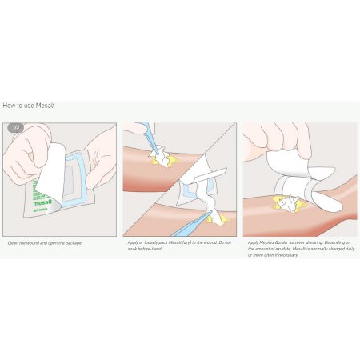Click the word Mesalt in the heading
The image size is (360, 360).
point(45,106)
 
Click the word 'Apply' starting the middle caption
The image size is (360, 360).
point(134,242)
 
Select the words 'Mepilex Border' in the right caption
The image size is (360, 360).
point(273,242)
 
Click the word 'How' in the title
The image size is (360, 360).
point(10,106)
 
